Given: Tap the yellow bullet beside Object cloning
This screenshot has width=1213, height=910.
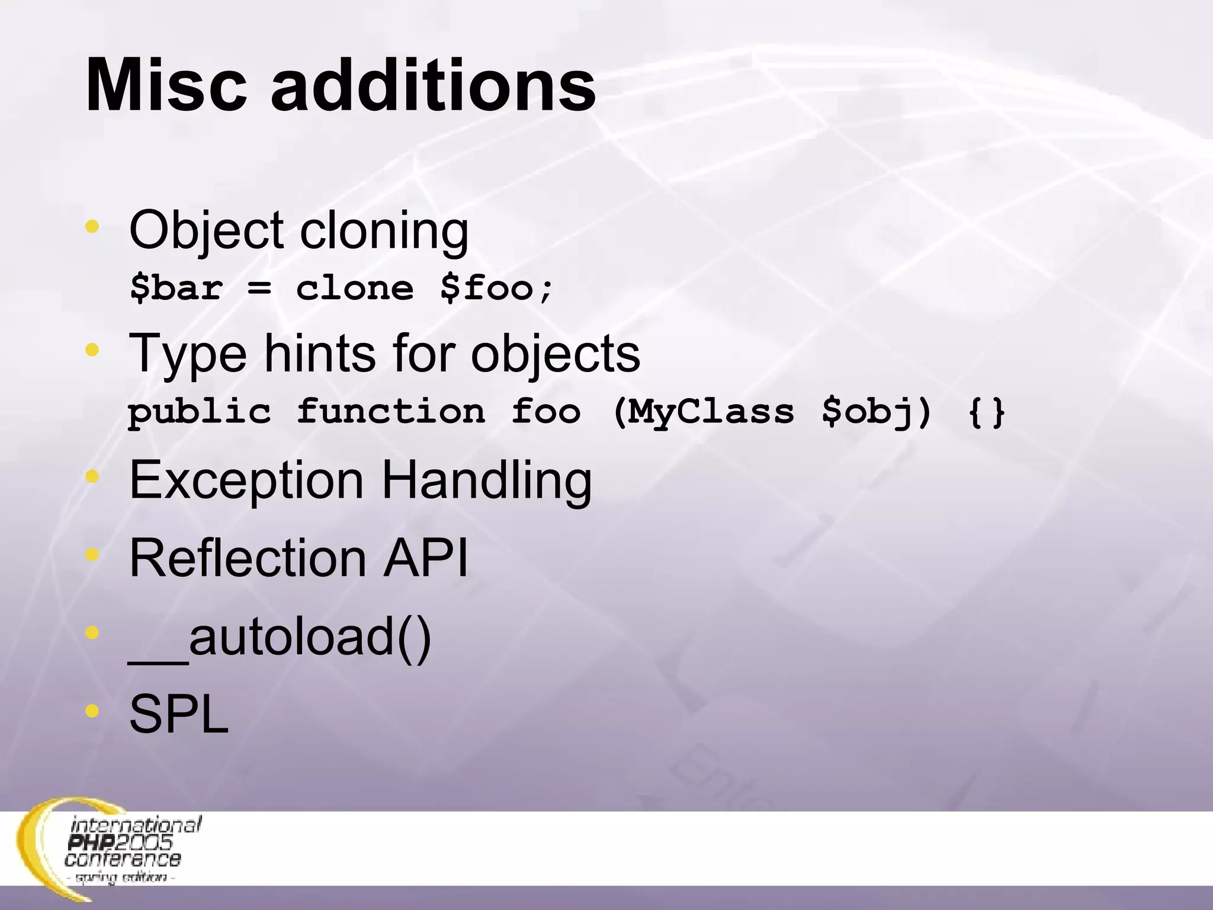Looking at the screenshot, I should click(x=92, y=226).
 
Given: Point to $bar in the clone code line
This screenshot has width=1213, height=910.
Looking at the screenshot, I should click(x=176, y=289).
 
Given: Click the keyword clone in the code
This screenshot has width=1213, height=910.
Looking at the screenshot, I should click(x=354, y=289).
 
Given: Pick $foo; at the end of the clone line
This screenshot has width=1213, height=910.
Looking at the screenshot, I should click(x=496, y=289).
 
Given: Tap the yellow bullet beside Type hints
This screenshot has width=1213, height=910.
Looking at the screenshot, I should click(x=92, y=350).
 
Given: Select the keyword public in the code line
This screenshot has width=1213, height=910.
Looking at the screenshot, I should click(x=200, y=412).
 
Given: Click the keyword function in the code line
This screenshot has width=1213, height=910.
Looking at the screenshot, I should click(x=391, y=411).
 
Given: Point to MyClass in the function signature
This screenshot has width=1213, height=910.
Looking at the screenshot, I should click(x=711, y=411).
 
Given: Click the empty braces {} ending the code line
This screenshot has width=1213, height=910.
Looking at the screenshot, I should click(x=986, y=412).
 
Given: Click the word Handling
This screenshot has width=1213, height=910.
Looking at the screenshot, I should click(x=486, y=480).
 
